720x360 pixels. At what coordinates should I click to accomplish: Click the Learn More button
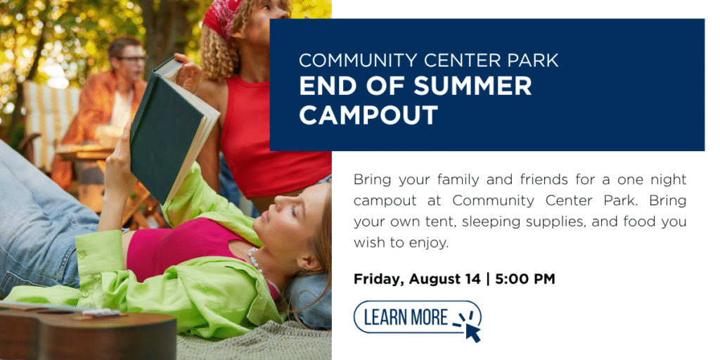pos(417,317)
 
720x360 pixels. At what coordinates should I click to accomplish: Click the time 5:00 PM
pos(525,278)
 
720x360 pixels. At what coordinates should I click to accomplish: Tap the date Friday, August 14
pos(418,279)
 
